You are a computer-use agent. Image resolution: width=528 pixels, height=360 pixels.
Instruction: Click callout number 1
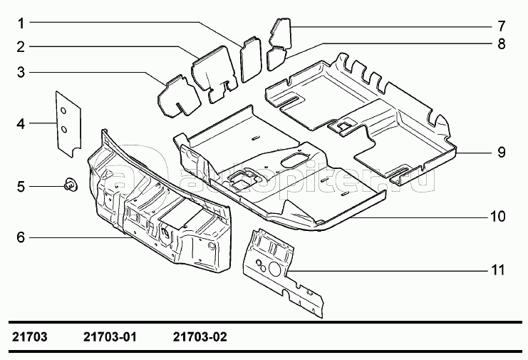(x=22, y=22)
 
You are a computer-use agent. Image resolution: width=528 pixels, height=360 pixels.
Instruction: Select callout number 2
(x=22, y=47)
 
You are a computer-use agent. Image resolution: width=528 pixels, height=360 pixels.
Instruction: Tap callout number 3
(x=22, y=72)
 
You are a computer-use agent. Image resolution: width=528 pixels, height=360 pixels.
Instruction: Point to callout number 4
(x=22, y=123)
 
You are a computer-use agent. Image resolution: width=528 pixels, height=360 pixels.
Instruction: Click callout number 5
(x=22, y=187)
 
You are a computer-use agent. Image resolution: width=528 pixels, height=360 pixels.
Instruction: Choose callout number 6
(x=22, y=237)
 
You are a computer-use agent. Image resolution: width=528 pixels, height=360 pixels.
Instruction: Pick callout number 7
(x=501, y=26)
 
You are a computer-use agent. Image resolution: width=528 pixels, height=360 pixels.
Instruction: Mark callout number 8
(x=501, y=44)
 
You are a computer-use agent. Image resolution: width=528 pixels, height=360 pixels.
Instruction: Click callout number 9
(x=501, y=152)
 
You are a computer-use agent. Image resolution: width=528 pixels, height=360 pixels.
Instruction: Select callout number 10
(x=498, y=215)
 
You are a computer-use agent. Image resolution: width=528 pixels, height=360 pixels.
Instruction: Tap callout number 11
(x=498, y=270)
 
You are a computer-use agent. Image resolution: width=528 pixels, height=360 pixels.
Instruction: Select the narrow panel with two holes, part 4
(x=67, y=121)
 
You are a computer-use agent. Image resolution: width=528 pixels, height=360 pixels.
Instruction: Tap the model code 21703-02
(x=200, y=336)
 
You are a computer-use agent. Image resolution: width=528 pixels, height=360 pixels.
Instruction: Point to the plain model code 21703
(x=31, y=336)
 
